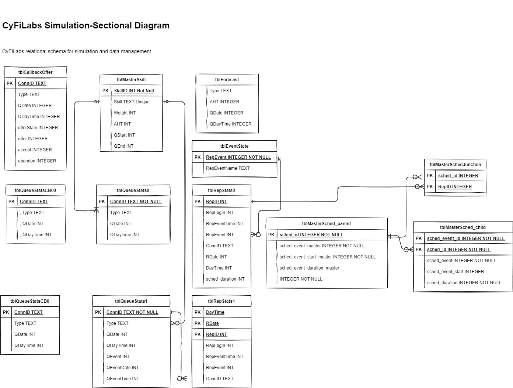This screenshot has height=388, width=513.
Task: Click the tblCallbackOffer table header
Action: tap(35, 72)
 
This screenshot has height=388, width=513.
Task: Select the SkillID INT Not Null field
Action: tap(134, 91)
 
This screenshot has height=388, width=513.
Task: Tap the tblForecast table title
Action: tap(227, 80)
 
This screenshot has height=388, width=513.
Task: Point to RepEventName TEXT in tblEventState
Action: tap(228, 168)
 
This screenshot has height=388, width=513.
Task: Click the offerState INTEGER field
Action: tap(38, 128)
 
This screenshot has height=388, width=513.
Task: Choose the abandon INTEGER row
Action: tap(37, 161)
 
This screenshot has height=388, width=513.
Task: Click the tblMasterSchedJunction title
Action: tap(455, 165)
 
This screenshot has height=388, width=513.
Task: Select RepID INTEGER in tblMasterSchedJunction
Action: tap(455, 187)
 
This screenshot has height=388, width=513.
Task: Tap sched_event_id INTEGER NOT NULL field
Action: tap(466, 238)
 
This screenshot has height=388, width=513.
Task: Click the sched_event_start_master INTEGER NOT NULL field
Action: tap(328, 257)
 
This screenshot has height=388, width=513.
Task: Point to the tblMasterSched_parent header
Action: tap(327, 224)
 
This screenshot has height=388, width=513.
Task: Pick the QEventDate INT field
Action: tap(123, 368)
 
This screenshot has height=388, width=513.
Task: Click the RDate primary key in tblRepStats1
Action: tap(212, 323)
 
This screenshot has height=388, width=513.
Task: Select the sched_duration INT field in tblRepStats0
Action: tap(225, 279)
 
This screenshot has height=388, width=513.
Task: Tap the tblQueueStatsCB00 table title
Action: tap(35, 190)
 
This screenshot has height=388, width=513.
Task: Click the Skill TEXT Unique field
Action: tap(132, 102)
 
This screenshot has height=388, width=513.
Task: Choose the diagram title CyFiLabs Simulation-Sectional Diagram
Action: tap(86, 25)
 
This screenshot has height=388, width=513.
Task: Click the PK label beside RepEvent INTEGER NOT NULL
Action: tap(198, 157)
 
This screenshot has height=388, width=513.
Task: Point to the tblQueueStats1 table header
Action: tap(131, 301)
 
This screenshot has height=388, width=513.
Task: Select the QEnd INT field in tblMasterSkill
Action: tap(123, 146)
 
